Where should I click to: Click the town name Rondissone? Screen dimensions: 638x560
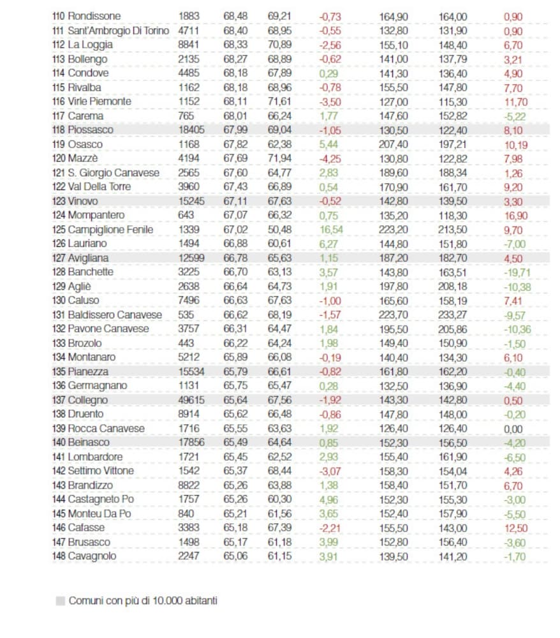tap(94, 16)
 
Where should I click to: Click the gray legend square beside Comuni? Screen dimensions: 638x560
tap(61, 600)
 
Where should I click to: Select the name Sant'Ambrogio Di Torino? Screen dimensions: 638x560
tap(119, 31)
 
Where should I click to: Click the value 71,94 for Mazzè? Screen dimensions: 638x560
tap(279, 158)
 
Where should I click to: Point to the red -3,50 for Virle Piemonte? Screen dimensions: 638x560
tap(330, 101)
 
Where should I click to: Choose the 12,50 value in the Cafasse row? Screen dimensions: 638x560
tap(514, 528)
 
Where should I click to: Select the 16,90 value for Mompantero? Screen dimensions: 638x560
tap(515, 215)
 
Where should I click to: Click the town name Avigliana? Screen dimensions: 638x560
tap(89, 258)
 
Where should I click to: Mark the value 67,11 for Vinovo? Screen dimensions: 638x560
tap(235, 201)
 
